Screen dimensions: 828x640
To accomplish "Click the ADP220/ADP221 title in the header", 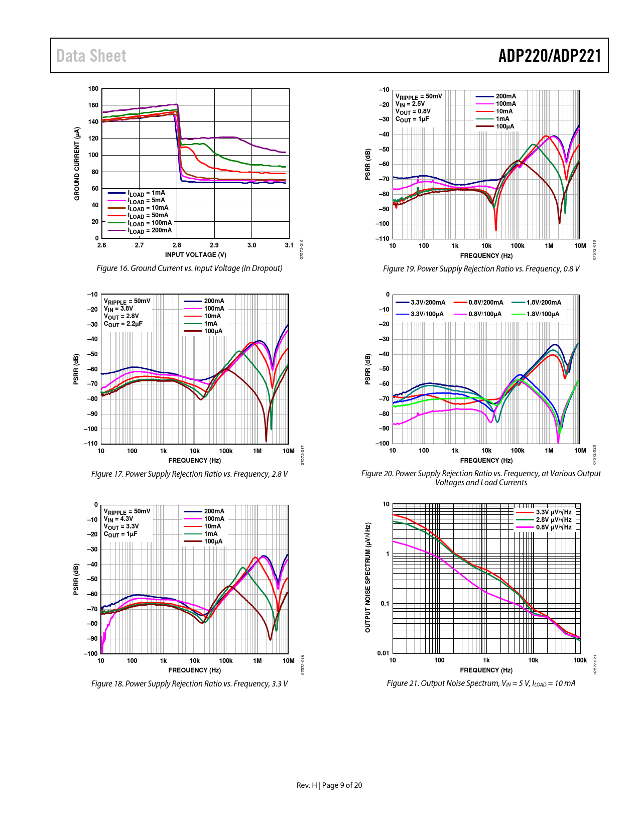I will pyautogui.click(x=550, y=56).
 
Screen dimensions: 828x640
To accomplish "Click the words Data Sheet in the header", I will pyautogui.click(x=91, y=56).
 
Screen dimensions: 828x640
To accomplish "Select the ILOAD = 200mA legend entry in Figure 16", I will pyautogui.click(x=149, y=230).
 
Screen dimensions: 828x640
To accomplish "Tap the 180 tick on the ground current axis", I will pyautogui.click(x=93, y=89).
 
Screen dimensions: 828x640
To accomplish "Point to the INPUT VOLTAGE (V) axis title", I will pyautogui.click(x=196, y=254).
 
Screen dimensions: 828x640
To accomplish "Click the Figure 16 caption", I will pyautogui.click(x=189, y=268).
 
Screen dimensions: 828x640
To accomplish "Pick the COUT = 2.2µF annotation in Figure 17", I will pyautogui.click(x=123, y=324).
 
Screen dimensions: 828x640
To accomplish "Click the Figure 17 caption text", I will pyautogui.click(x=189, y=474).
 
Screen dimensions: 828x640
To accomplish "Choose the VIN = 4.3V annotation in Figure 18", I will pyautogui.click(x=118, y=519).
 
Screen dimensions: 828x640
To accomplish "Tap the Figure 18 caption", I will pyautogui.click(x=189, y=683).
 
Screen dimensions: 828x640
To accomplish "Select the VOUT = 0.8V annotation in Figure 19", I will pyautogui.click(x=413, y=111).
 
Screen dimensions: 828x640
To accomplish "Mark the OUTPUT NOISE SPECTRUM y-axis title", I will pyautogui.click(x=368, y=577).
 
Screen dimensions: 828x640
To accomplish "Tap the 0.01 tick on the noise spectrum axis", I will pyautogui.click(x=383, y=653).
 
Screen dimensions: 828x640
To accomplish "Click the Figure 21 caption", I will pyautogui.click(x=481, y=683).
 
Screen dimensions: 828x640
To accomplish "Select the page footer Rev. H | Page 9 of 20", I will pyautogui.click(x=329, y=785).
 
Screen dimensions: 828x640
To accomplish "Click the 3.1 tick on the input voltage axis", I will pyautogui.click(x=289, y=245).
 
